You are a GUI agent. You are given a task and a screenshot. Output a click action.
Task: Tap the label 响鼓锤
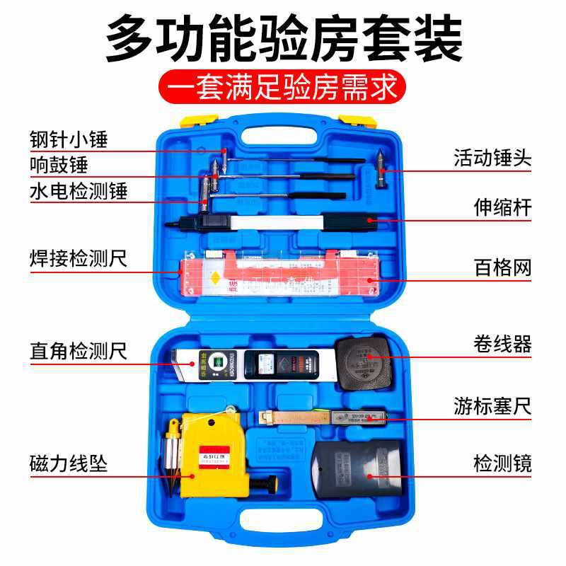pos(59,165)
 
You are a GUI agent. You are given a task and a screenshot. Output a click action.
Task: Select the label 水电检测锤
pos(79,191)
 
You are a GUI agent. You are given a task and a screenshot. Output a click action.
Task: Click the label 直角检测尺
pos(79,350)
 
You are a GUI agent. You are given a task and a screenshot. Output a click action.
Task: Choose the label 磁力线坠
pos(69,464)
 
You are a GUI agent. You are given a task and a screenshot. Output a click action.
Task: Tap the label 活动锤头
pos(492,157)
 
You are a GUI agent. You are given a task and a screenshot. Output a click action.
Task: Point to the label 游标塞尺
pos(492,406)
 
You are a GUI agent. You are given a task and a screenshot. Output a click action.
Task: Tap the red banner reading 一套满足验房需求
pos(283,89)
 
